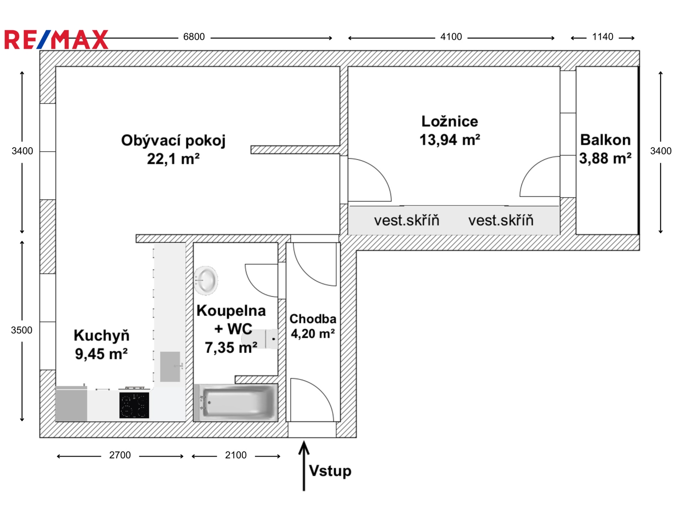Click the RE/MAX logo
(x=56, y=40)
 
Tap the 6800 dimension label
(x=194, y=37)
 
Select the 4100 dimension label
(x=451, y=37)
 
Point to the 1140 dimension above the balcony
(x=602, y=37)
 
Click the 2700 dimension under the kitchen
(x=120, y=455)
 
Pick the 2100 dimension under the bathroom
(x=236, y=455)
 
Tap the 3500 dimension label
(x=21, y=330)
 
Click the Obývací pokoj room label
(x=173, y=141)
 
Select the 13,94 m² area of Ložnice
(x=450, y=140)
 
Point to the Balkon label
(x=605, y=140)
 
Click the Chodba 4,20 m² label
(x=313, y=326)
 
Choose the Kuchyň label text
(x=101, y=336)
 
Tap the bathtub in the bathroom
(x=236, y=403)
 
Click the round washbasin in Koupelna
(x=206, y=280)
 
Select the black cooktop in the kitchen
(x=134, y=405)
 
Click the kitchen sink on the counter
(x=170, y=366)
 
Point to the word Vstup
(x=330, y=471)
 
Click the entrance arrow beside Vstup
(x=304, y=466)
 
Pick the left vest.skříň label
(x=406, y=220)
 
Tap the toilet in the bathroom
(x=260, y=339)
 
